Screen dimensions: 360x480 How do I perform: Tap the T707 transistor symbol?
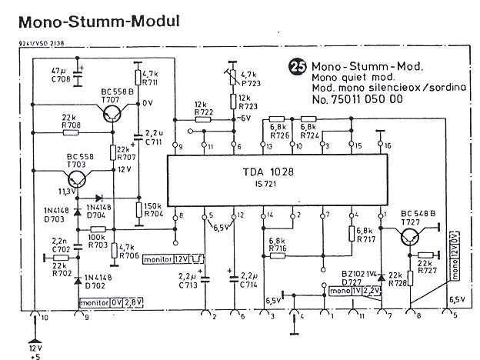click(110, 115)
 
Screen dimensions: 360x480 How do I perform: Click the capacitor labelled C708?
click(80, 72)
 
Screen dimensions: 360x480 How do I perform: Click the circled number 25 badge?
click(295, 68)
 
